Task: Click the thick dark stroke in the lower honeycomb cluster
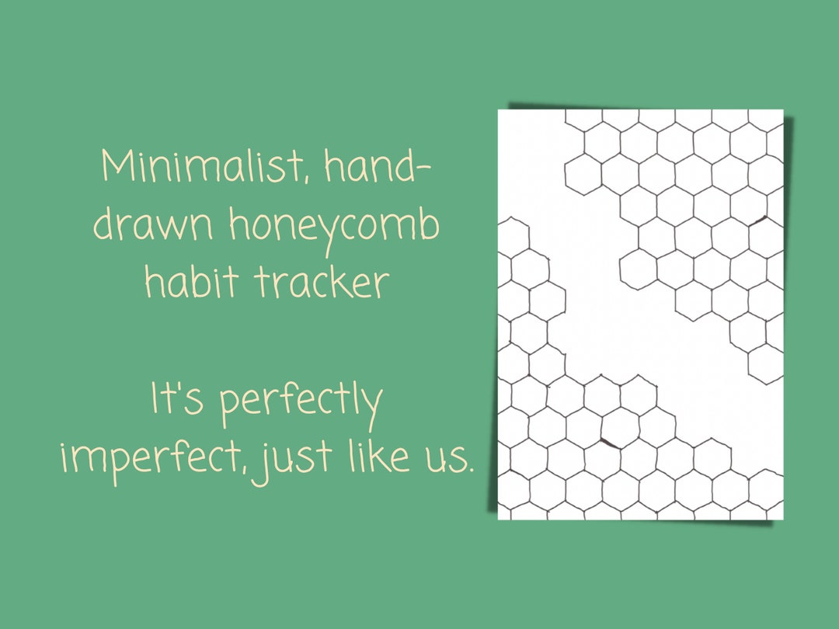pyautogui.click(x=609, y=443)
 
